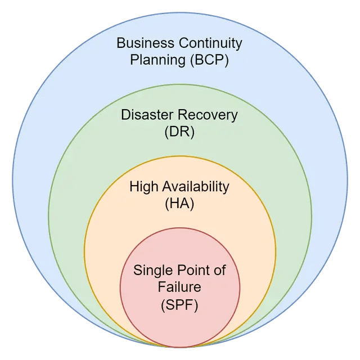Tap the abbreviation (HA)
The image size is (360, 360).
click(x=179, y=204)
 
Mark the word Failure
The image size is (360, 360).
click(x=179, y=287)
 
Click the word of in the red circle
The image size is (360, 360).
click(x=219, y=271)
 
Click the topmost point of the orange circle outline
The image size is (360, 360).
click(x=180, y=156)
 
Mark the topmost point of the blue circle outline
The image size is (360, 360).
click(x=180, y=12)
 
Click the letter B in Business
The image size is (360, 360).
click(x=121, y=43)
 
